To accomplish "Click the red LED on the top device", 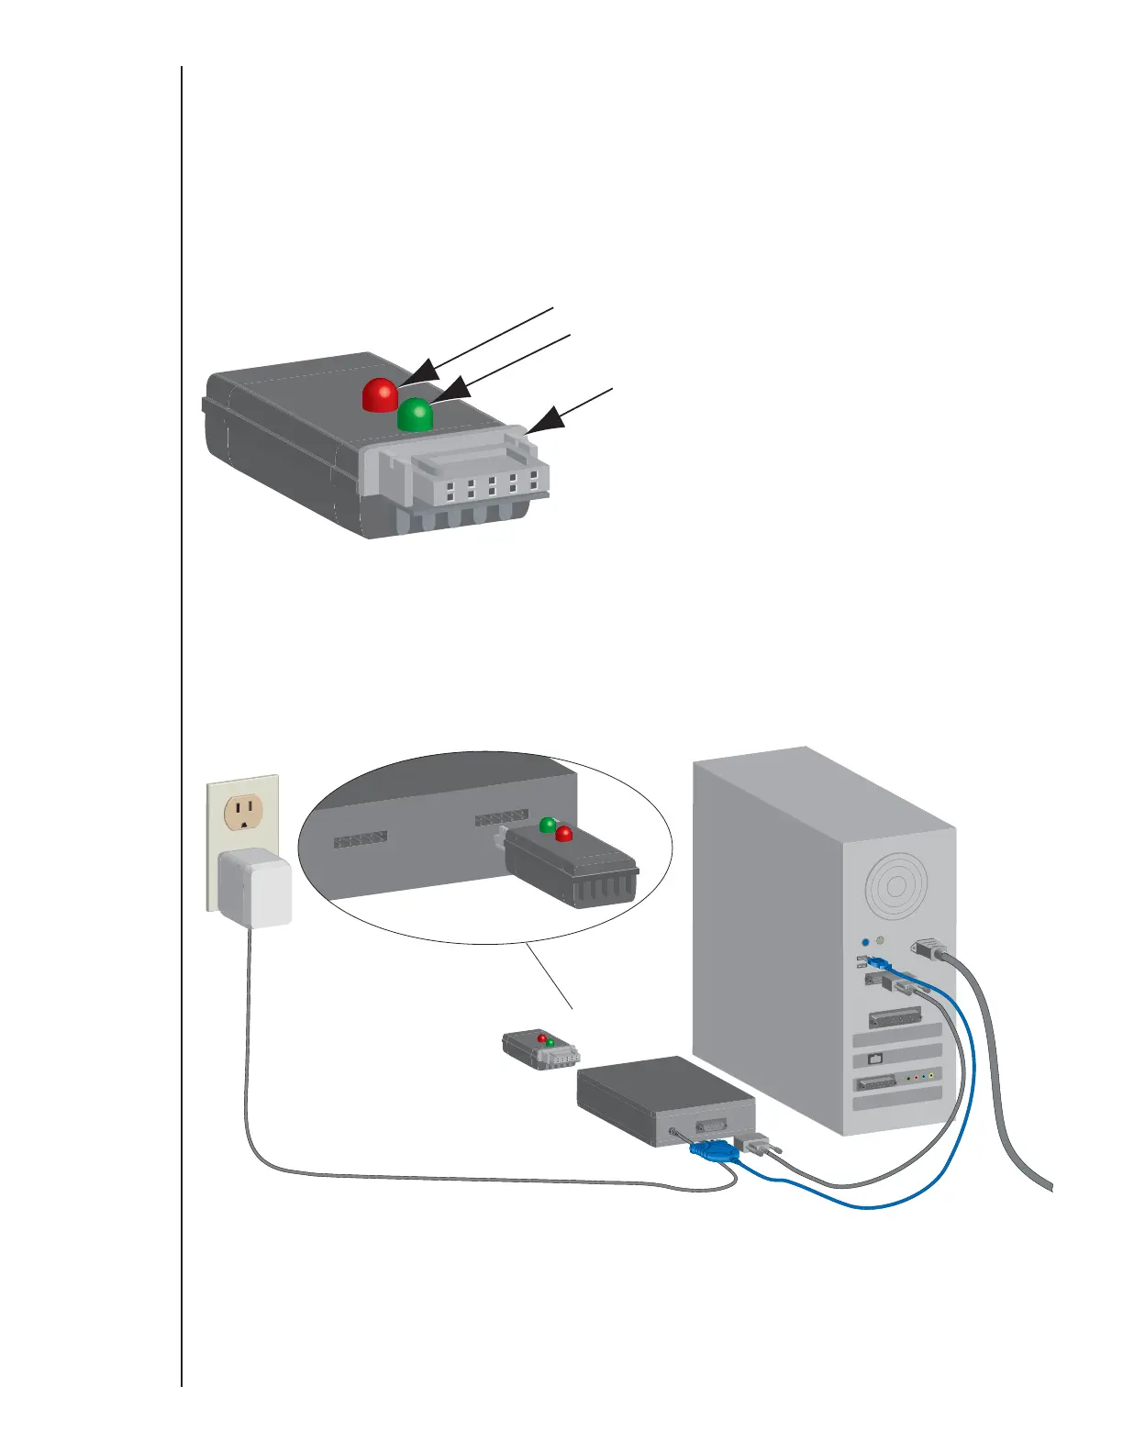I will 380,394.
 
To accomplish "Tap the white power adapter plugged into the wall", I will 255,888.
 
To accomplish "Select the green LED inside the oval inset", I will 547,825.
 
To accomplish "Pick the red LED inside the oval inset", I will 564,834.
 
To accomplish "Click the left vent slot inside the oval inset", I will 361,838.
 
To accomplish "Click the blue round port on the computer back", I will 865,942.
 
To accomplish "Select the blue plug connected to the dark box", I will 713,1150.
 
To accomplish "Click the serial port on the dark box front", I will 711,1126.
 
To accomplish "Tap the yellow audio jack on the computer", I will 931,1075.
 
